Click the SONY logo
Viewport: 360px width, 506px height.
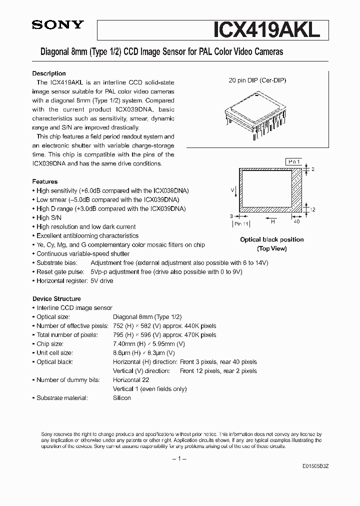pyautogui.click(x=58, y=25)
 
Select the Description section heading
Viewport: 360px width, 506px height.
pyautogui.click(x=49, y=73)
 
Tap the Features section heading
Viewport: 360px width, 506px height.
pyautogui.click(x=45, y=181)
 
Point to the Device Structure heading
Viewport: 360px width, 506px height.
pyautogui.click(x=56, y=298)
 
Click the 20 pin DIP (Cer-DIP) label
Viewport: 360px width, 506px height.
pyautogui.click(x=257, y=80)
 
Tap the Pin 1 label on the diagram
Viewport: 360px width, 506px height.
pyautogui.click(x=293, y=162)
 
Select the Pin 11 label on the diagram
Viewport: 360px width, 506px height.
pyautogui.click(x=241, y=224)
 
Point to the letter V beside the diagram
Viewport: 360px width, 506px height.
pyautogui.click(x=233, y=190)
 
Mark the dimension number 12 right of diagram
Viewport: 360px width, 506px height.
pyautogui.click(x=312, y=209)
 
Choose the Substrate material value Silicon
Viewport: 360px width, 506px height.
pyautogui.click(x=122, y=398)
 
